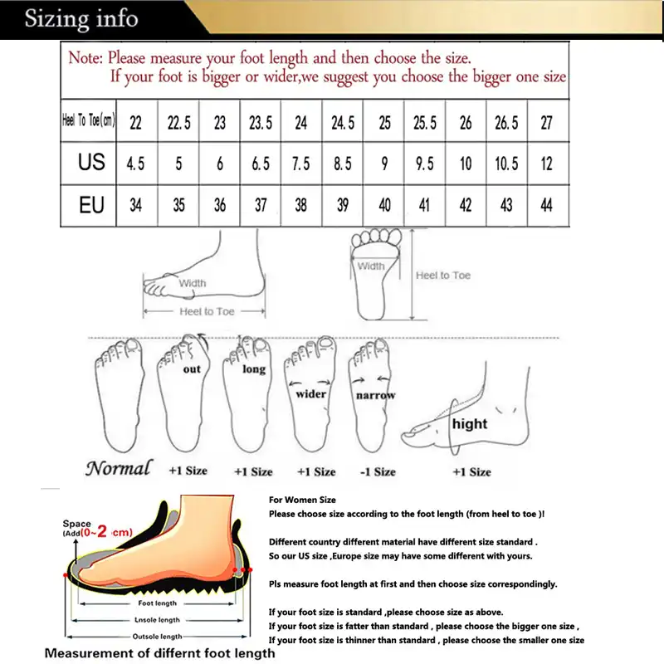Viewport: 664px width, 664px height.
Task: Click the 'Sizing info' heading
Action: coord(81,18)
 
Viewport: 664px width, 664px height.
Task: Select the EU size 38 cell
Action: coord(301,204)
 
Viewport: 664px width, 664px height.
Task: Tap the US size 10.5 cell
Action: coord(506,164)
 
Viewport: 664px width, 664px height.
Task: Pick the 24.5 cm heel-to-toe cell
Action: coord(343,123)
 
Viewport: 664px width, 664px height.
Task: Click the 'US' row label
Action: coord(91,162)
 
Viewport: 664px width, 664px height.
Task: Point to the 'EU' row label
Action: coord(91,204)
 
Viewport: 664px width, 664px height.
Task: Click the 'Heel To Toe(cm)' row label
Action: coord(89,121)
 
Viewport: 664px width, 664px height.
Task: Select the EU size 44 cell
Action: coord(547,204)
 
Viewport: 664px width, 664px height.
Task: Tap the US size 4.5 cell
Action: coord(135,164)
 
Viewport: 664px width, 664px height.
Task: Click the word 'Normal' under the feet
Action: coord(119,468)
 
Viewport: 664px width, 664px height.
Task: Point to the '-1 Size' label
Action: coord(377,471)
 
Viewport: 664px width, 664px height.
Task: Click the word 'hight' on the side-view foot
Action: coord(470,423)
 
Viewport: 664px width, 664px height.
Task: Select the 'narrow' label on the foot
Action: coord(375,396)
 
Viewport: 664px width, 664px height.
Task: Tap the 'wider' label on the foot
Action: coord(311,394)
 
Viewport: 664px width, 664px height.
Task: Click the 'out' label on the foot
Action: coord(192,369)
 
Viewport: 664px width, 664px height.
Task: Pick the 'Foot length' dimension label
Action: coord(156,603)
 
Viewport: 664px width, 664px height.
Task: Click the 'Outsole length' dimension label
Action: coord(157,637)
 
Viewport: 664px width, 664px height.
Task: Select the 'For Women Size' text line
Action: coord(302,500)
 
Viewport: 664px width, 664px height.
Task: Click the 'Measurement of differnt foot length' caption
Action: coord(159,653)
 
